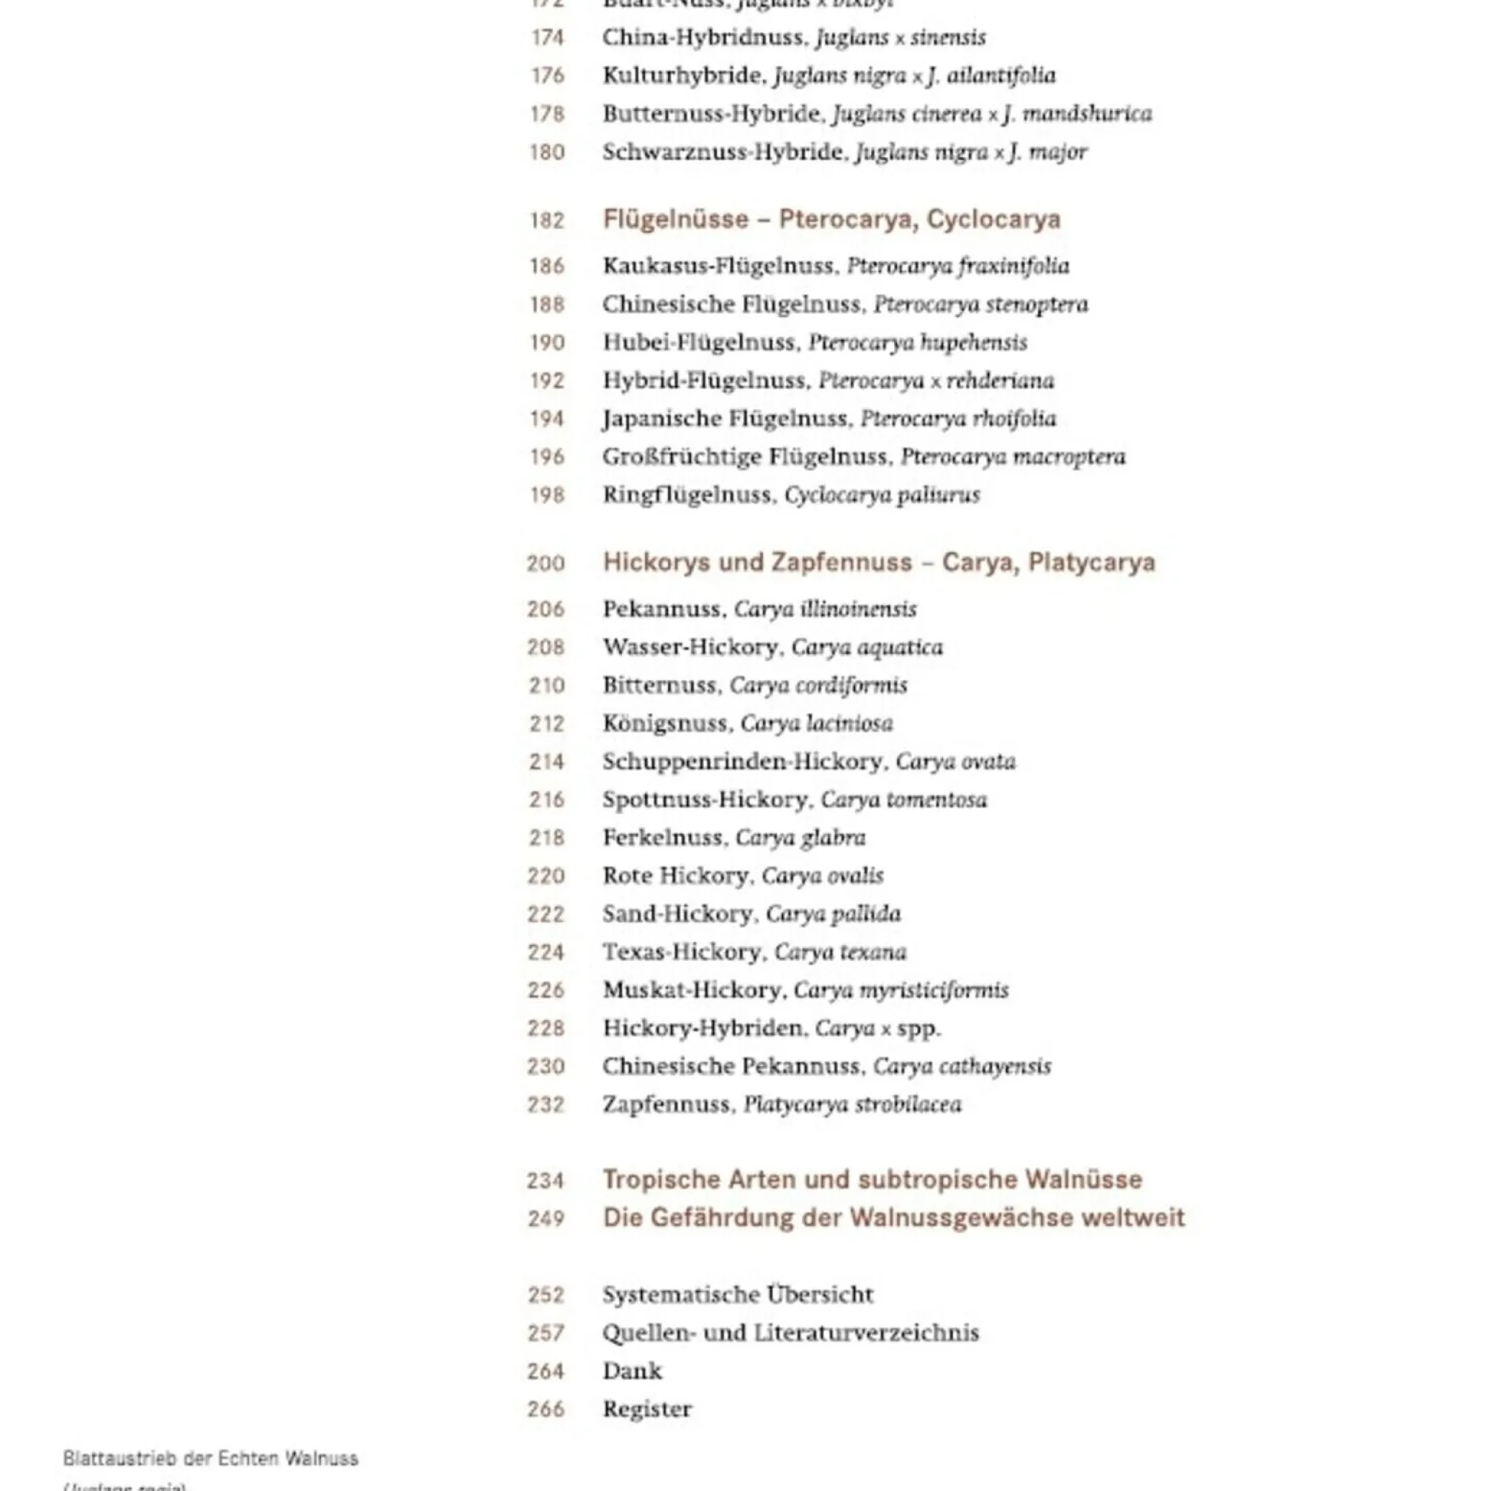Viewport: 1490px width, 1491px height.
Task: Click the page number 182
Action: pos(547,220)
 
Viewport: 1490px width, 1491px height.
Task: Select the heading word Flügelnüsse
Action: pos(675,219)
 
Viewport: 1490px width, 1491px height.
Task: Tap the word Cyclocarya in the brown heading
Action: pos(993,219)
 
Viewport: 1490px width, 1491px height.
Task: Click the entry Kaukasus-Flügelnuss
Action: pos(718,266)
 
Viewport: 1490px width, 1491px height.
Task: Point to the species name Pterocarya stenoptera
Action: pos(981,304)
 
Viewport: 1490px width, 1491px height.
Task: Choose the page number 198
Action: pos(547,495)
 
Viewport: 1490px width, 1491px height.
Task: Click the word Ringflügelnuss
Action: pos(686,495)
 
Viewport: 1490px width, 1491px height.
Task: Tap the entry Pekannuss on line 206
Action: pos(662,609)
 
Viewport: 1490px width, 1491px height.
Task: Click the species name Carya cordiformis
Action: pos(818,685)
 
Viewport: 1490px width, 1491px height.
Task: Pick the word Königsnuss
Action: pos(664,723)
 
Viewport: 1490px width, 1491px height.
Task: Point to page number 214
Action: pos(547,762)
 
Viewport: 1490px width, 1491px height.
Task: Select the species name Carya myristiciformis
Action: pos(901,990)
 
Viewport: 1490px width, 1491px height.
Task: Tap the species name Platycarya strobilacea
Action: pos(853,1104)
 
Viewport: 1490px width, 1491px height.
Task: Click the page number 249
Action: pos(547,1218)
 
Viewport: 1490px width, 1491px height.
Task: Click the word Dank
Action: pos(632,1371)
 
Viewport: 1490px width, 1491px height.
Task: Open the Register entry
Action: pos(647,1409)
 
